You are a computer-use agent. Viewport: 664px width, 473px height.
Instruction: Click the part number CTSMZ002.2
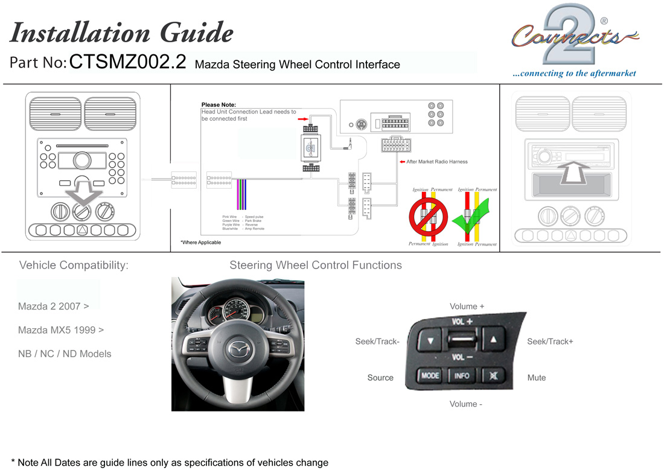click(x=127, y=63)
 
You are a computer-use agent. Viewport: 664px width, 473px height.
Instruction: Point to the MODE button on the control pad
click(x=430, y=375)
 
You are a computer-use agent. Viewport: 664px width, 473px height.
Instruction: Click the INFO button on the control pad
click(x=461, y=375)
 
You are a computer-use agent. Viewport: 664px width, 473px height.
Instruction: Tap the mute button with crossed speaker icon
click(x=494, y=375)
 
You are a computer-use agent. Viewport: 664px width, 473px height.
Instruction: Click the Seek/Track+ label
click(x=550, y=341)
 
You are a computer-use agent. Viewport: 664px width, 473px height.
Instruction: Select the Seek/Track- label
click(x=377, y=341)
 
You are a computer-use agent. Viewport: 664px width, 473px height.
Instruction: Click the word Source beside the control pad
click(x=380, y=378)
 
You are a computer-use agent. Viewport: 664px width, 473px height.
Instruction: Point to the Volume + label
click(x=467, y=306)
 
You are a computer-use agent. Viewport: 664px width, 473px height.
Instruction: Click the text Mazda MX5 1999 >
click(x=61, y=330)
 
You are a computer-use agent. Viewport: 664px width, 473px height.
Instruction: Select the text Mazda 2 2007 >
click(x=54, y=306)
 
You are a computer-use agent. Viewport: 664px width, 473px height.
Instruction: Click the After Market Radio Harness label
click(x=436, y=162)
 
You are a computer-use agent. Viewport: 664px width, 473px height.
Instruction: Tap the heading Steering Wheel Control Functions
click(x=315, y=265)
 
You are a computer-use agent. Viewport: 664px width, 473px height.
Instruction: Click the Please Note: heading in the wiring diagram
click(x=219, y=105)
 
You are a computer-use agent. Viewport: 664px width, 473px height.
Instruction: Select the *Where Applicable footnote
click(x=201, y=243)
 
